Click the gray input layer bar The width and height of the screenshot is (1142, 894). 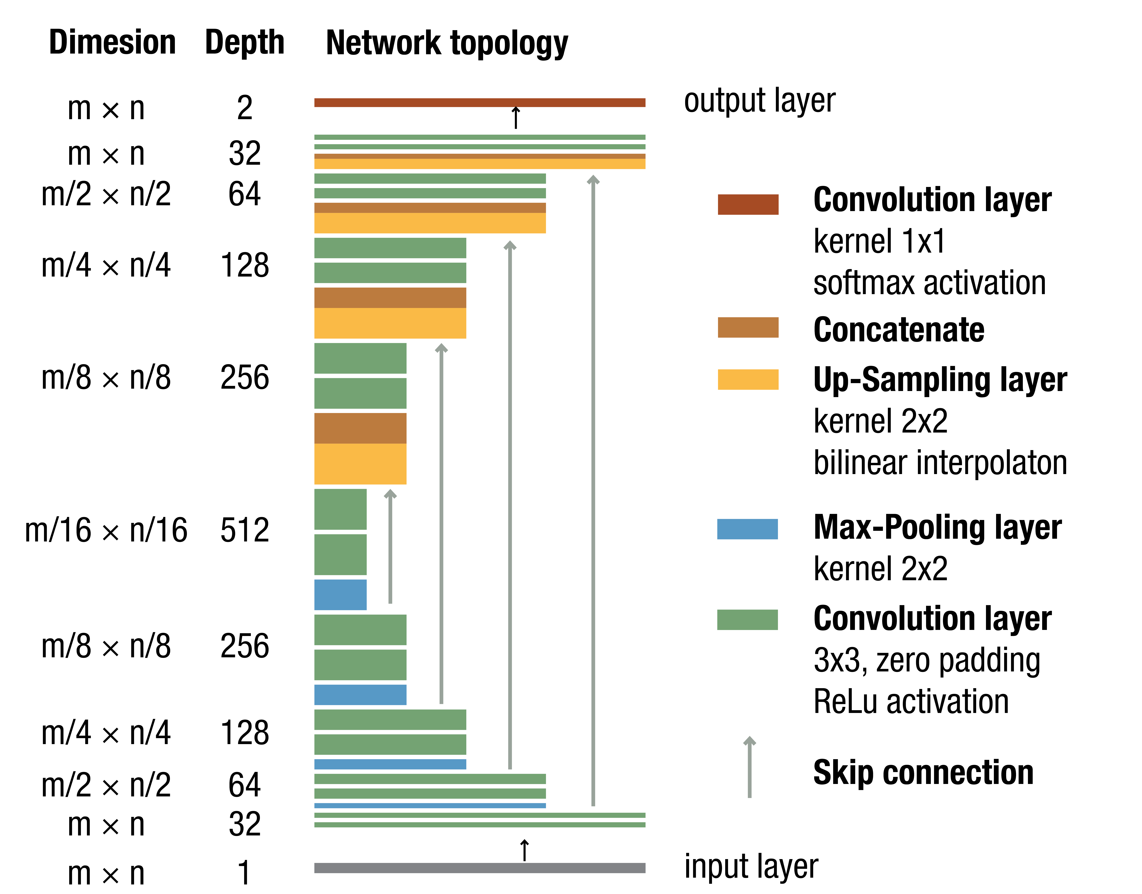pyautogui.click(x=479, y=868)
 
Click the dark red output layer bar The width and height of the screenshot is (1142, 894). pyautogui.click(x=479, y=103)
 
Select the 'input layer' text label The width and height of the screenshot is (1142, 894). pyautogui.click(x=751, y=866)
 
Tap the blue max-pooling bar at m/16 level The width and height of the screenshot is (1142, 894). pyautogui.click(x=340, y=595)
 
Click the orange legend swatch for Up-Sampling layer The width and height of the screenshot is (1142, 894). pyautogui.click(x=748, y=380)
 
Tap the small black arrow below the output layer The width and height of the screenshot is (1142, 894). pyautogui.click(x=516, y=118)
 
